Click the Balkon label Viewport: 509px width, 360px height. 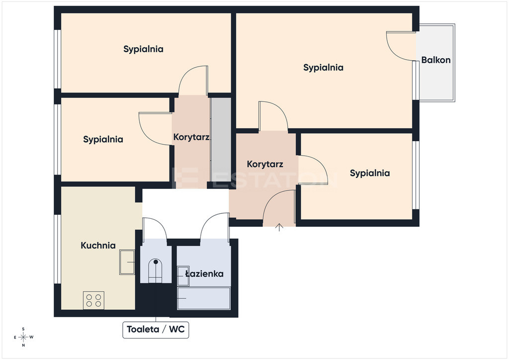tap(435, 60)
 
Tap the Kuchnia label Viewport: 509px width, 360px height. tap(98, 246)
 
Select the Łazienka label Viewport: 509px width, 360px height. tap(204, 273)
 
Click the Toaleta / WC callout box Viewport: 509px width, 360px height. tap(156, 330)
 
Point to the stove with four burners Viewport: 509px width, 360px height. tap(93, 300)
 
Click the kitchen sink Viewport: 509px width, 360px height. tap(127, 262)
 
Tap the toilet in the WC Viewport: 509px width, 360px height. tap(156, 271)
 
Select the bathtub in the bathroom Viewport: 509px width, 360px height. tap(203, 298)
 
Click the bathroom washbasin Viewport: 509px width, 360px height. tap(183, 276)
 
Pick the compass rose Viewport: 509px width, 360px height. tap(23, 337)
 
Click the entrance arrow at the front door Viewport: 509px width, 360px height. tap(279, 227)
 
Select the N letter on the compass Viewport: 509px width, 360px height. tap(23, 346)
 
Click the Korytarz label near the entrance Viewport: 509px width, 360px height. tap(265, 164)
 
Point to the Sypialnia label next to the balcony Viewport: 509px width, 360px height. tap(323, 68)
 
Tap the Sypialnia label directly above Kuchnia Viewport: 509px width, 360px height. tap(103, 140)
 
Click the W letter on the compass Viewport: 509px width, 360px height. tap(31, 337)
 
